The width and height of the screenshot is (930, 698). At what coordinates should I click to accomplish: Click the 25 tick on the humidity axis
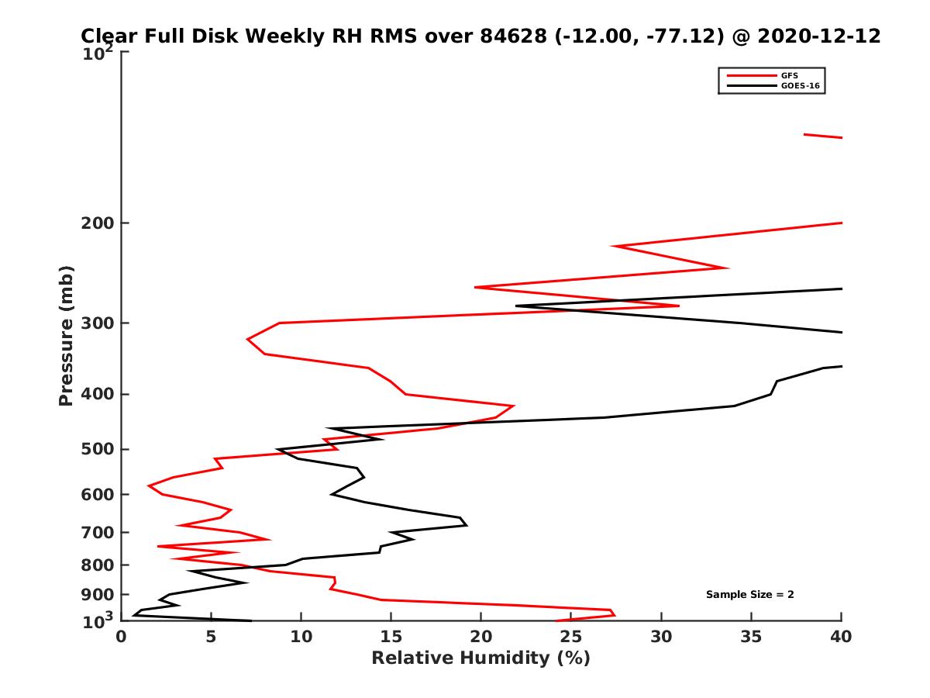coord(571,637)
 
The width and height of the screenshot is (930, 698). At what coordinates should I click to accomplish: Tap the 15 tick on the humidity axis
coord(391,637)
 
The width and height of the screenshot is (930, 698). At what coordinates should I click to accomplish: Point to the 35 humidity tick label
coord(751,637)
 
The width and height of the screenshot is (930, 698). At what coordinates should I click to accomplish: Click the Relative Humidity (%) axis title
coord(480,658)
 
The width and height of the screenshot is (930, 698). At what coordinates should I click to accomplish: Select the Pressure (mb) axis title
coord(66,335)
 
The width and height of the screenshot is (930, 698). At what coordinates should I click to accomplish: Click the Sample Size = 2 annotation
coord(749,595)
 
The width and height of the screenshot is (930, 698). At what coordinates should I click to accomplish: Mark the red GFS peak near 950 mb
coord(614,613)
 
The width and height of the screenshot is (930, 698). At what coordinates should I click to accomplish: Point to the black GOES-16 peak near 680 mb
coord(467,525)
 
